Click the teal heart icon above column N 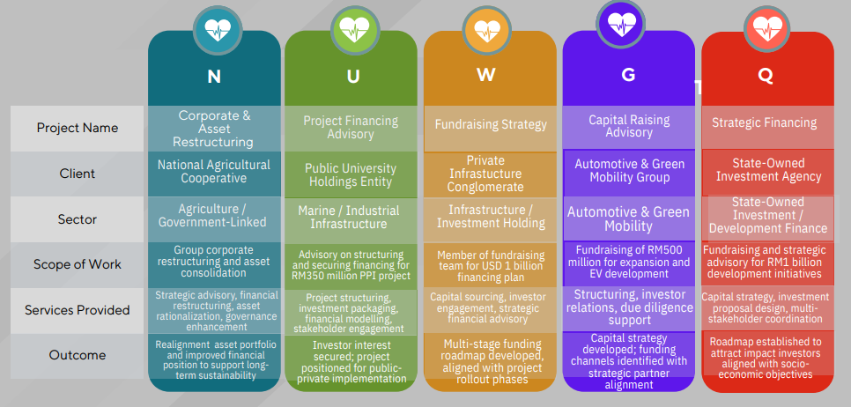(216, 29)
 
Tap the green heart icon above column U (352, 29)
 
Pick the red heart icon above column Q (766, 29)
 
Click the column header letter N (214, 77)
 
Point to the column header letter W (486, 75)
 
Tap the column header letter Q (765, 76)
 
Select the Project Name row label (78, 128)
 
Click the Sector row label (78, 218)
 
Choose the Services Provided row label (78, 310)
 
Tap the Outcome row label (78, 355)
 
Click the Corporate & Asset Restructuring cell (214, 129)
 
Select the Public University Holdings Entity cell (351, 174)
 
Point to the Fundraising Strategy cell (491, 125)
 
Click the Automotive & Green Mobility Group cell (628, 170)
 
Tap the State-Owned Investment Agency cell (765, 170)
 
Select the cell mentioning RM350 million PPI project (351, 264)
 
